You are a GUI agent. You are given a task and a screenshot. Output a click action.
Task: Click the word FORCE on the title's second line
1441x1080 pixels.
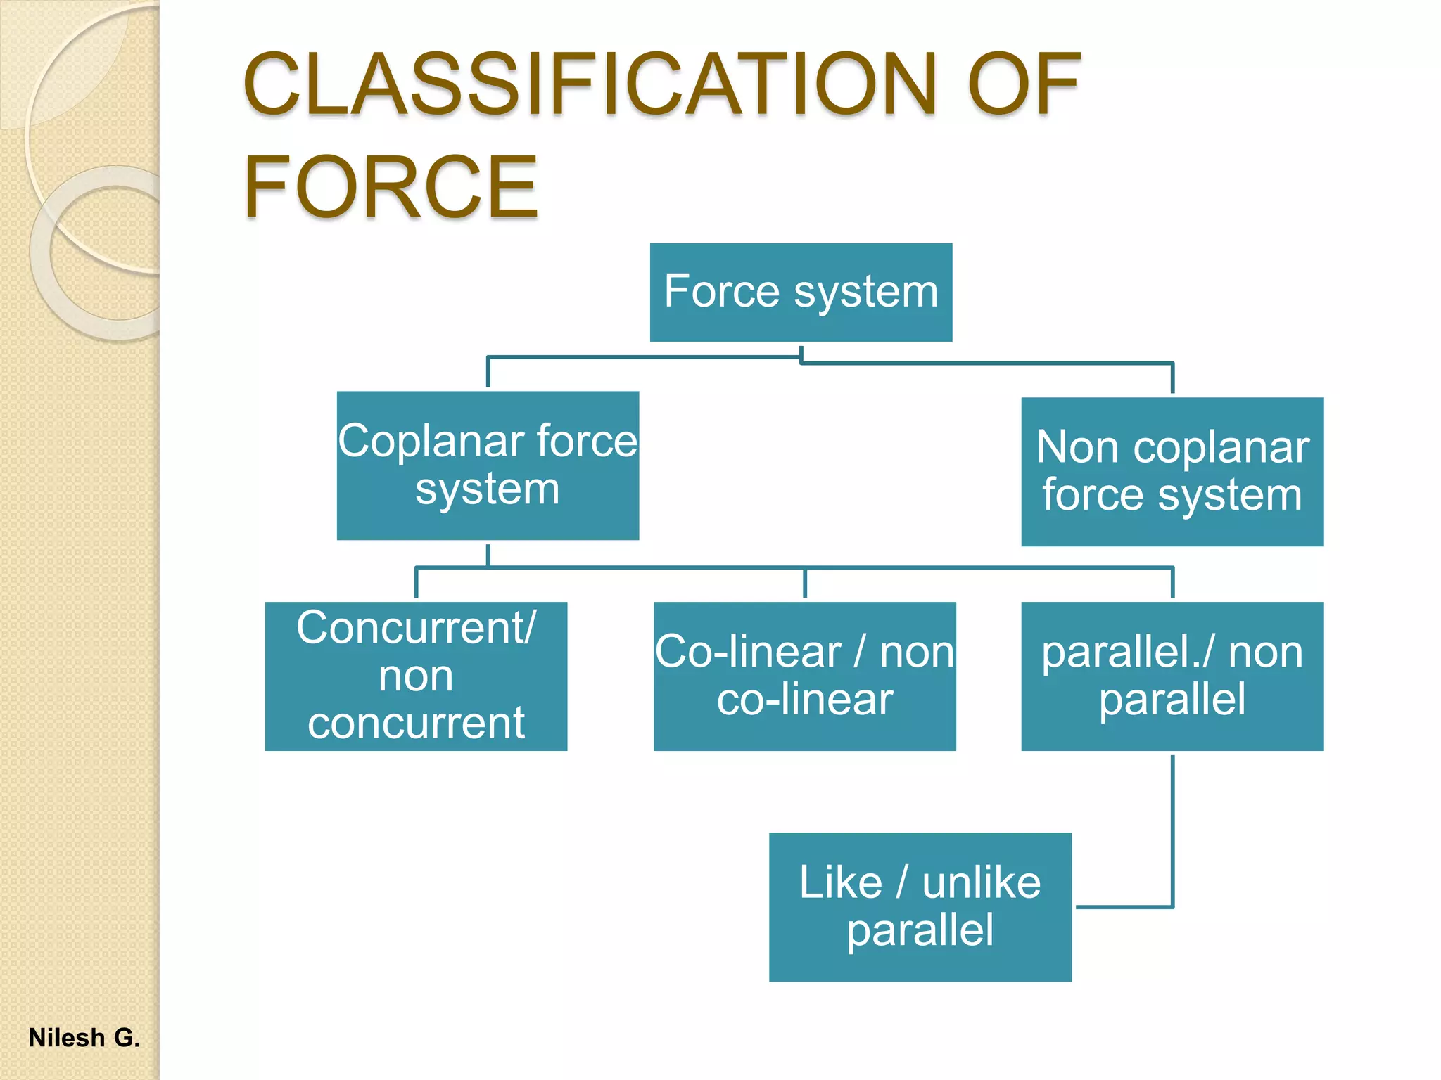point(391,187)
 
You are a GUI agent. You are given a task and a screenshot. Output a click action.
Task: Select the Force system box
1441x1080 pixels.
point(801,292)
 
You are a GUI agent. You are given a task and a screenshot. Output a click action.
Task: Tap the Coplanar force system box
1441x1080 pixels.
point(488,465)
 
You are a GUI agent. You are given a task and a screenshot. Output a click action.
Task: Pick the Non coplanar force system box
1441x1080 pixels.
point(1172,472)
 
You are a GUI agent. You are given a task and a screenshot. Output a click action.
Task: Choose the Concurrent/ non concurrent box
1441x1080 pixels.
point(416,676)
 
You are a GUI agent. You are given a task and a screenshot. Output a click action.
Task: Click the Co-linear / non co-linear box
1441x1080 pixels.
point(804,676)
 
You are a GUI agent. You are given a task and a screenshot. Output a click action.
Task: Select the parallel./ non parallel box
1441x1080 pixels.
point(1172,676)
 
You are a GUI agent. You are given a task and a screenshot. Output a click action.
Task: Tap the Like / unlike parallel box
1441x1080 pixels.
point(920,907)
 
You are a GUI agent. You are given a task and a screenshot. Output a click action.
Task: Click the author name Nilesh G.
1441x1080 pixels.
point(84,1038)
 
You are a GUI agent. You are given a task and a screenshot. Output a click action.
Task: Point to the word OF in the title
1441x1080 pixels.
point(1024,84)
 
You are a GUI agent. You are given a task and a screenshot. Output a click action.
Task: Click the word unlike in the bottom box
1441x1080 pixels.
point(981,883)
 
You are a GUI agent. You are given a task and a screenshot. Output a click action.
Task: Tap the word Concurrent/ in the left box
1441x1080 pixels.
point(416,628)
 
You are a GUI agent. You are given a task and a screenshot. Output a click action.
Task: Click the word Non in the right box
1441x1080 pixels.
point(1077,448)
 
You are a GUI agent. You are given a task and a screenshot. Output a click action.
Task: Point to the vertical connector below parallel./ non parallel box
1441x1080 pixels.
point(1172,830)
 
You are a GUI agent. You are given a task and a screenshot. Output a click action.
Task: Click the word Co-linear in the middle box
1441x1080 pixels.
point(748,652)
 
